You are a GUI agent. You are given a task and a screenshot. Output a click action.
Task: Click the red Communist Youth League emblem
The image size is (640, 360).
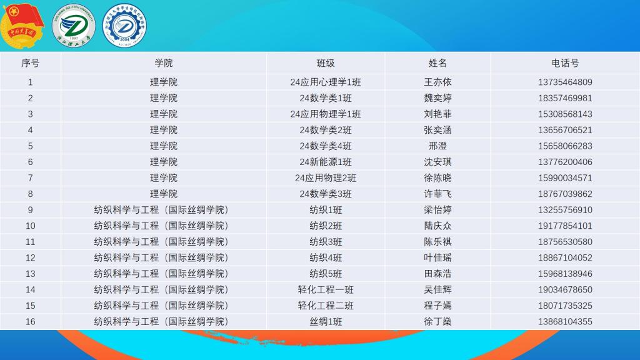coord(22,25)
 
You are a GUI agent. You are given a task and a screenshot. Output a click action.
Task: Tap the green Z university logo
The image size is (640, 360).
coord(74,25)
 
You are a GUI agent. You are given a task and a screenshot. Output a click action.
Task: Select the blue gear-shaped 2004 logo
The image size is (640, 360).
coord(124,26)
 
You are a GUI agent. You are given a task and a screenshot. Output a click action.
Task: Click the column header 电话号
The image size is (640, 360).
coord(565,63)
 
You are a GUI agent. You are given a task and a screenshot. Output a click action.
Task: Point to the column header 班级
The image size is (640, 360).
coord(325,63)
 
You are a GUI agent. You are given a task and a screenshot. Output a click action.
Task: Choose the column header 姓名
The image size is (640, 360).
coord(437,63)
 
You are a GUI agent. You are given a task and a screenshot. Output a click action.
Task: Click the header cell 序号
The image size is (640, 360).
coord(30,63)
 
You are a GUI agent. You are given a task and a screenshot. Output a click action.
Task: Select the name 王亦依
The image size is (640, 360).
coord(437,82)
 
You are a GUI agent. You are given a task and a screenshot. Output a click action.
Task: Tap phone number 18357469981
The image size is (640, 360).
coord(565,98)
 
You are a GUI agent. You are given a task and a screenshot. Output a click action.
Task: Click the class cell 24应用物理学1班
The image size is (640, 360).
coord(325,114)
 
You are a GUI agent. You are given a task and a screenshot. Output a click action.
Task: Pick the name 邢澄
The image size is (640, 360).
coord(437,146)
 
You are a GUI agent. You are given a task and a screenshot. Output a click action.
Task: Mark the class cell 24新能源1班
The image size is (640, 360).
coord(325,162)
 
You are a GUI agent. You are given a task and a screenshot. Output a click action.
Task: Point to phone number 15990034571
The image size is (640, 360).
coord(565,178)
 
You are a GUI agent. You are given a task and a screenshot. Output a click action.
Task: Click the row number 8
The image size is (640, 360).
coord(30,194)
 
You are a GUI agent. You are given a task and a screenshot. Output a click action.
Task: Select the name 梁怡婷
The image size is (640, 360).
coord(437,210)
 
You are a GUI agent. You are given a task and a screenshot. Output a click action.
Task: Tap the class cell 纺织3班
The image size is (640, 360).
coord(325,242)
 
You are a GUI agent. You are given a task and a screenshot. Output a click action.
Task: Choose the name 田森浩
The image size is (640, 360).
coord(437,274)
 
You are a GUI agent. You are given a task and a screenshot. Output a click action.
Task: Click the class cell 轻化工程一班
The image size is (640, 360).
coord(325,289)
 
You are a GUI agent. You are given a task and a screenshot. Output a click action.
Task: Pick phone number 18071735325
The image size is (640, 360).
coord(565,306)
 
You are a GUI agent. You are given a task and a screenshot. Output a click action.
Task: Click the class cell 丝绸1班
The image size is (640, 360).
coord(325,322)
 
